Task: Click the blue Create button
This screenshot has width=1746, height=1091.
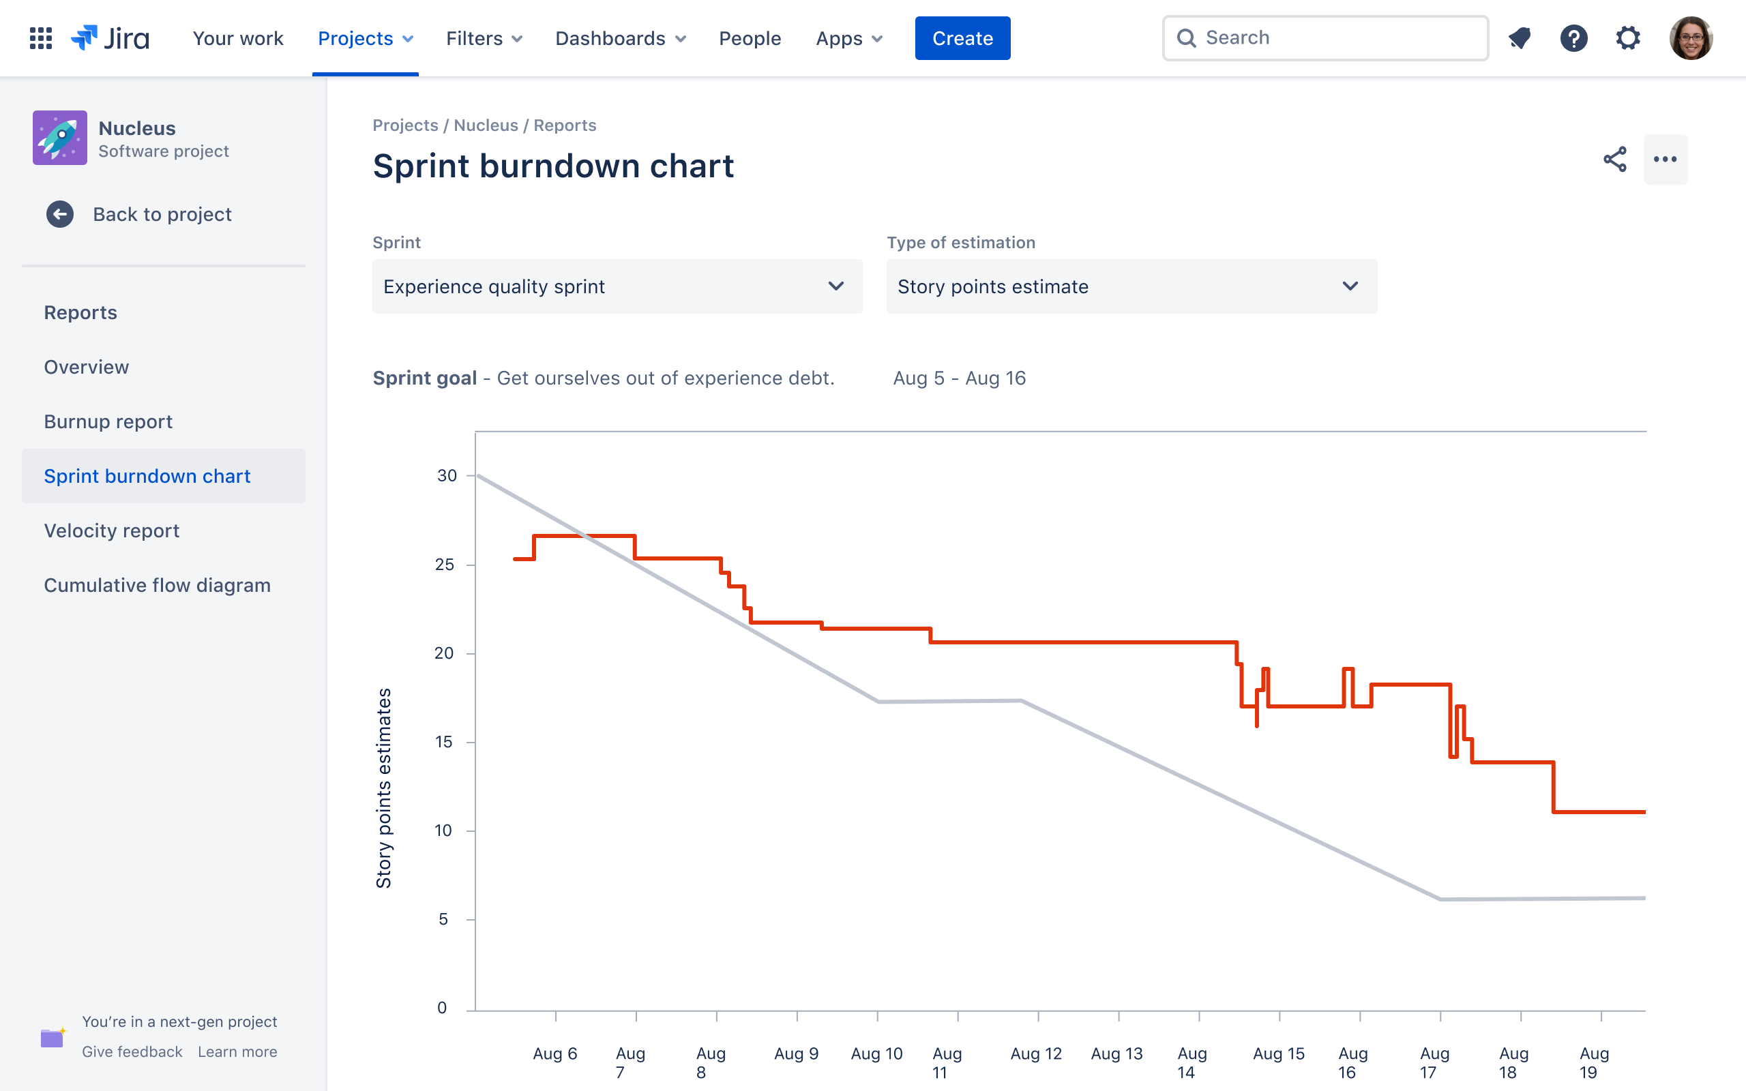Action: tap(962, 38)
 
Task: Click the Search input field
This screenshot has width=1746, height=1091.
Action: tap(1335, 38)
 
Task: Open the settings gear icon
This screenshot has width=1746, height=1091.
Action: tap(1628, 38)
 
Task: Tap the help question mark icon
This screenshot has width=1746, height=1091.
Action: tap(1573, 38)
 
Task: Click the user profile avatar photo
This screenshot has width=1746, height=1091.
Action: tap(1691, 38)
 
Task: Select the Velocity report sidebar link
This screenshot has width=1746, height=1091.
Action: tap(112, 530)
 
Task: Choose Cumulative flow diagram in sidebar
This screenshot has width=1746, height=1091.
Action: tap(158, 585)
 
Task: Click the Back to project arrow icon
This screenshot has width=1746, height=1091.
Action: tap(60, 214)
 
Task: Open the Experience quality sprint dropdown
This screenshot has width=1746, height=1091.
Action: tap(617, 286)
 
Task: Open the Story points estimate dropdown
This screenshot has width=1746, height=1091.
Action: tap(1131, 286)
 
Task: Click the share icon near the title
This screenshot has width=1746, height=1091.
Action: tap(1614, 160)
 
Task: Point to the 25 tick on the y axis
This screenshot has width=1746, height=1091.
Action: tap(445, 565)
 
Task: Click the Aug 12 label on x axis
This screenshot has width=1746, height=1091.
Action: tap(1036, 1053)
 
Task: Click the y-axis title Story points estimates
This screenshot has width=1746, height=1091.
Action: tap(384, 788)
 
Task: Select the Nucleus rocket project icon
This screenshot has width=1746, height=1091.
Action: tap(60, 138)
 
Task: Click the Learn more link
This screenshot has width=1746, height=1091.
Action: tap(237, 1051)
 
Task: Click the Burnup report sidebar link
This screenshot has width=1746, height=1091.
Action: tap(108, 421)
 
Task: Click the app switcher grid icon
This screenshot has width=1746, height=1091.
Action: tap(41, 38)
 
